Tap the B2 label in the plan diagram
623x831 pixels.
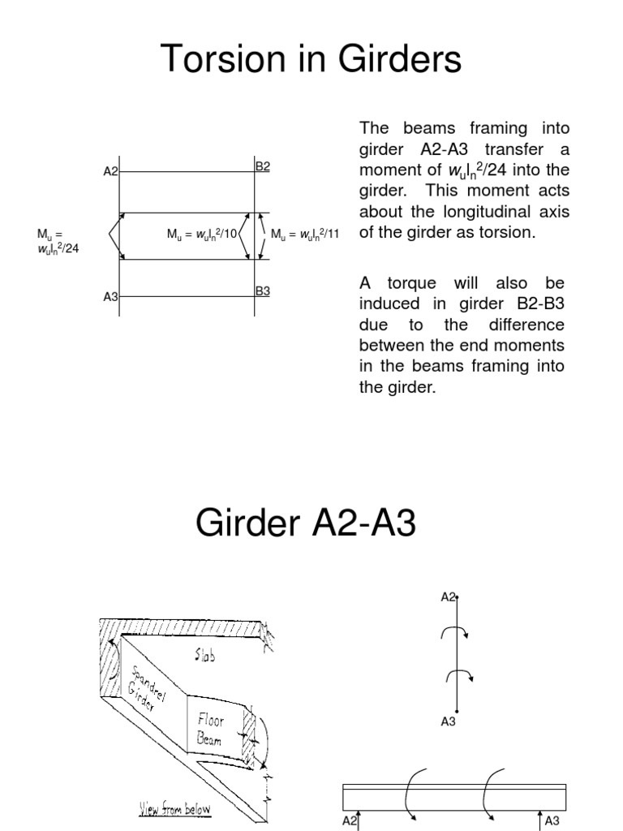pos(263,166)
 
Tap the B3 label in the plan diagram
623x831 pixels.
pos(263,289)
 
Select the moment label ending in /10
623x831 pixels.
pos(202,235)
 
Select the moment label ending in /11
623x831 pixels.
pos(304,235)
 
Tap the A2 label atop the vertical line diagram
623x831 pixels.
pos(449,597)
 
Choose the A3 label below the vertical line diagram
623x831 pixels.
pos(449,721)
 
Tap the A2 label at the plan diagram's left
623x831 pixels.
pos(110,172)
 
